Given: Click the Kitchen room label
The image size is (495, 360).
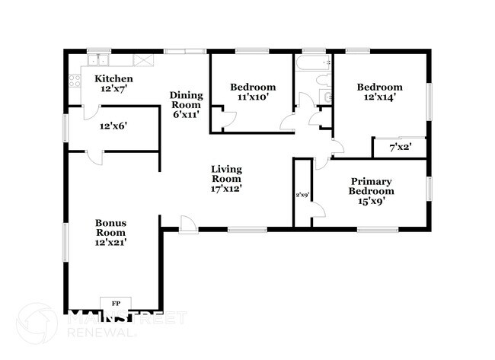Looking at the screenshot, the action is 113,78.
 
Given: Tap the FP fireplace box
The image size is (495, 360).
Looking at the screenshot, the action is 116,304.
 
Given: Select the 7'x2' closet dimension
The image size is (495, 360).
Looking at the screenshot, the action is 401,147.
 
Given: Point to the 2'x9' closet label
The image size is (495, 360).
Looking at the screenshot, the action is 302,195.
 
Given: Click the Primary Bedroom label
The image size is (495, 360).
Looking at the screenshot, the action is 372,186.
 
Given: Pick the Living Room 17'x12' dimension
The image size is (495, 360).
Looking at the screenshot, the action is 226,189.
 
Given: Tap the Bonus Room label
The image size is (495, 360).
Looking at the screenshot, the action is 111,228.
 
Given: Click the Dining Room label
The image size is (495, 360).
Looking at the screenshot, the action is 187,100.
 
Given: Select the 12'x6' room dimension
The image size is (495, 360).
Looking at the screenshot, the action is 113,126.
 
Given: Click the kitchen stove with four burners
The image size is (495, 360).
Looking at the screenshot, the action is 75,81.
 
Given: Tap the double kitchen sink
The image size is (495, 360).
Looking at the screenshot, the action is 98,60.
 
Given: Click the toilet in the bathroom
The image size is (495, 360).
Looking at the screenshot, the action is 324,80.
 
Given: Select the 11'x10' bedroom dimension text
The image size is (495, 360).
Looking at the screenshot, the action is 253,97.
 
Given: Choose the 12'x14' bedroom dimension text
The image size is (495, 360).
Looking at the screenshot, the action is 380,97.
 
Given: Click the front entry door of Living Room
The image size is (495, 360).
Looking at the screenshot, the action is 188,225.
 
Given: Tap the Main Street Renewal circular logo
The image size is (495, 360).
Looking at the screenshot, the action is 37,323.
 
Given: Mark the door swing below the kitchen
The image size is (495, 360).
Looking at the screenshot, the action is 91,113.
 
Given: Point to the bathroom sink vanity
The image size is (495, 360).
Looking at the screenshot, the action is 325,96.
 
